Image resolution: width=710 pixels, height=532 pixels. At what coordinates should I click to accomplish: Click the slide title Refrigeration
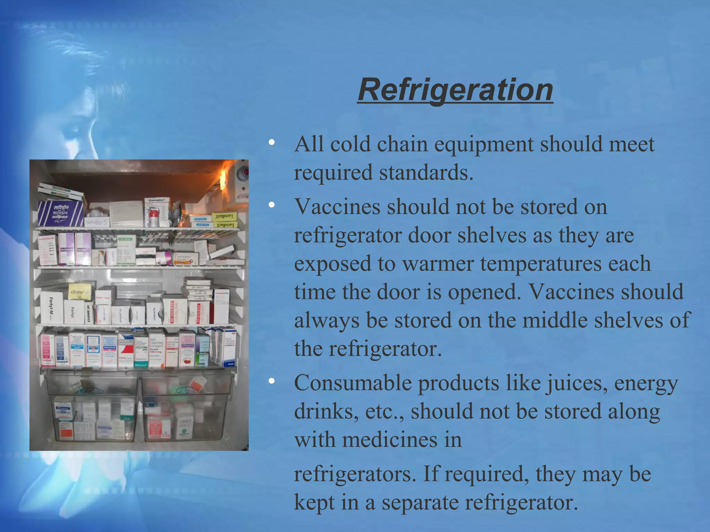(x=455, y=90)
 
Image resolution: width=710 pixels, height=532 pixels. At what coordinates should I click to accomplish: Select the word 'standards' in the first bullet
(x=426, y=172)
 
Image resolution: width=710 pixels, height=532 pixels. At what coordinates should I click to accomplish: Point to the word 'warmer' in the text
(x=438, y=264)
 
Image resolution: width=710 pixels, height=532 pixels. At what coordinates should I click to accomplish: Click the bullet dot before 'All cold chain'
(x=271, y=142)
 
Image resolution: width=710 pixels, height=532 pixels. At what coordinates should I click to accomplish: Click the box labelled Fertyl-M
(x=51, y=308)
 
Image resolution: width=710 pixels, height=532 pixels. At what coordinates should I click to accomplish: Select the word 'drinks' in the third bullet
(x=326, y=411)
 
